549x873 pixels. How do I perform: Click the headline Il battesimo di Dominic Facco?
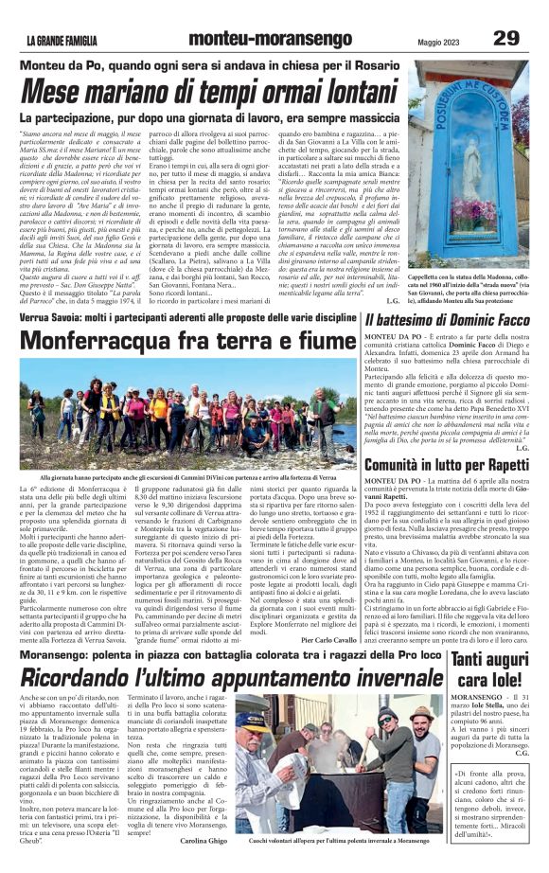tap(447, 321)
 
